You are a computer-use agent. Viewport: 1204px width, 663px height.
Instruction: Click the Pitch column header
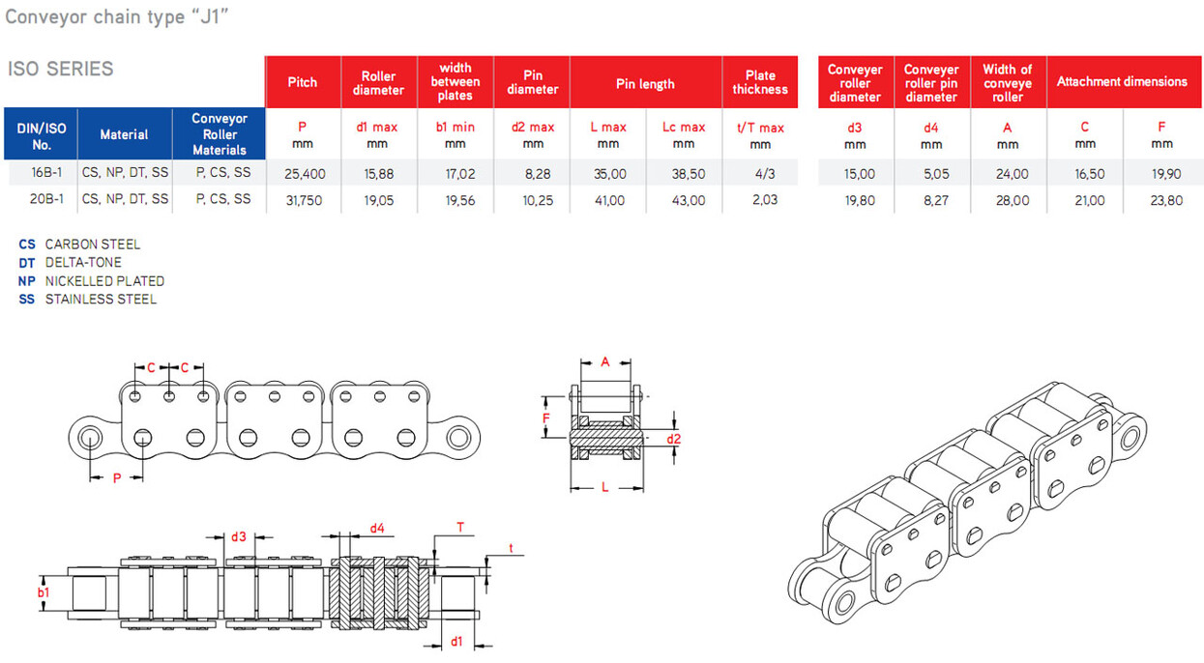[302, 82]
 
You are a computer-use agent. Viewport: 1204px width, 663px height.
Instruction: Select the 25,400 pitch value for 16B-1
[305, 174]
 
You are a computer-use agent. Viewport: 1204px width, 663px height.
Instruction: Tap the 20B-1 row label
[46, 199]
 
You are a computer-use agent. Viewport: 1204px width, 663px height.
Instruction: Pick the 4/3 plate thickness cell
[764, 174]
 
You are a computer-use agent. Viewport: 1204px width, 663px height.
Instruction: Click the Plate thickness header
[760, 82]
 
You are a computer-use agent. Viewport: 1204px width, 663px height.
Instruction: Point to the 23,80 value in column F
[1166, 200]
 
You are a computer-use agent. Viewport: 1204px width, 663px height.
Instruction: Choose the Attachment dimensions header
[1122, 81]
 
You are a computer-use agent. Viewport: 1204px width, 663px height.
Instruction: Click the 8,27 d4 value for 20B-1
[936, 200]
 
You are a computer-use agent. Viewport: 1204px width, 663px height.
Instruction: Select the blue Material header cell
[124, 134]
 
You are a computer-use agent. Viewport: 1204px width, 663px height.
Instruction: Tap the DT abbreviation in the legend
[27, 263]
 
